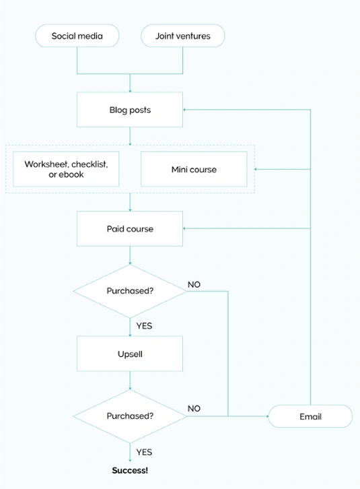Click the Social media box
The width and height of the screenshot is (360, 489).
coord(77,36)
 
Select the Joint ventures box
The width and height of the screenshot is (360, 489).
coord(182,36)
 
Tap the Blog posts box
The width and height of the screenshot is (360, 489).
coord(130,110)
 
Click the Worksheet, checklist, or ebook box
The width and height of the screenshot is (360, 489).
coord(66,169)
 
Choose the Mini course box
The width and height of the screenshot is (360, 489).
coord(194,169)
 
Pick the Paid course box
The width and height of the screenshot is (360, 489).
coord(130,229)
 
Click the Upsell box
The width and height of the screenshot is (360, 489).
coord(130,354)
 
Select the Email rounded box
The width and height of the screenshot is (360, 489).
coord(310,416)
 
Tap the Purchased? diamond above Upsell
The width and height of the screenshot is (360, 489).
coord(130,291)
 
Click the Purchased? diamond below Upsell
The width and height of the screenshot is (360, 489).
coord(130,416)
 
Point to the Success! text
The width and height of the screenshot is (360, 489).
coord(130,470)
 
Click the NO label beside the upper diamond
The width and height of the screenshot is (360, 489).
coord(194,284)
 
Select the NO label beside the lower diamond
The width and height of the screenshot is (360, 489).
coord(194,409)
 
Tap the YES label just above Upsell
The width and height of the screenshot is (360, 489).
coord(144,326)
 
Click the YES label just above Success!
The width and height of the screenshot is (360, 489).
coord(144,452)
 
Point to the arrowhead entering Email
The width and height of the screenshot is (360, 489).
coord(266,416)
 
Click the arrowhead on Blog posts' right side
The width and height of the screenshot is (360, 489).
coord(186,110)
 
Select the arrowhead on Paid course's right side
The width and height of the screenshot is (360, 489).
coord(186,229)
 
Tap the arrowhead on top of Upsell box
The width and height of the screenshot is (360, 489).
coord(130,334)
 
